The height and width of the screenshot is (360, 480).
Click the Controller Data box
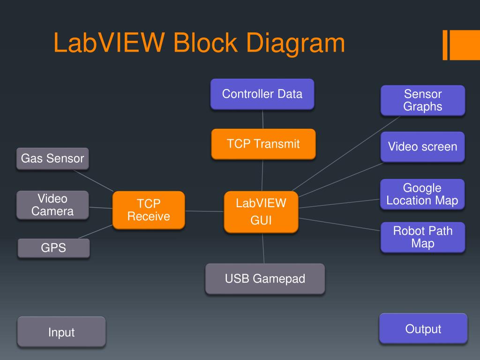(x=262, y=94)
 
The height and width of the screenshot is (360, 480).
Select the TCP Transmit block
(x=263, y=143)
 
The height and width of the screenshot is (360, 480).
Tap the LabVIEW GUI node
(x=261, y=212)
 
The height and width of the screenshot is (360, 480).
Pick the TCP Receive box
(x=149, y=210)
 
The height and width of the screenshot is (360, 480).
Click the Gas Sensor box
(x=52, y=158)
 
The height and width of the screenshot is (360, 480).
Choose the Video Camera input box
(x=52, y=205)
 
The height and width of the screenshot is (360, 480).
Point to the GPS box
(x=53, y=248)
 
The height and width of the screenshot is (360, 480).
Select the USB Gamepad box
(x=265, y=279)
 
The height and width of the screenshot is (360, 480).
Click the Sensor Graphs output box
(x=423, y=100)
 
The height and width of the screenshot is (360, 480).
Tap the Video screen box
(x=422, y=147)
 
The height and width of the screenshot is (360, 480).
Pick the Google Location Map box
(x=422, y=195)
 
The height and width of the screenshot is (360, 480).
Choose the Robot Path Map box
(x=423, y=237)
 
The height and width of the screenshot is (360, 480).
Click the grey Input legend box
(x=61, y=332)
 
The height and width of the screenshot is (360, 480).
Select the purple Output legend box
(x=423, y=329)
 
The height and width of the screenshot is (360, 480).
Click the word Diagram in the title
(x=295, y=43)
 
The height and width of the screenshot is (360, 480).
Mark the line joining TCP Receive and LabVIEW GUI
(x=204, y=211)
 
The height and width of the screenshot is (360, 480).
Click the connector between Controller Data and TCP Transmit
(x=262, y=119)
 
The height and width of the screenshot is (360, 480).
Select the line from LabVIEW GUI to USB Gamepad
(x=263, y=248)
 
